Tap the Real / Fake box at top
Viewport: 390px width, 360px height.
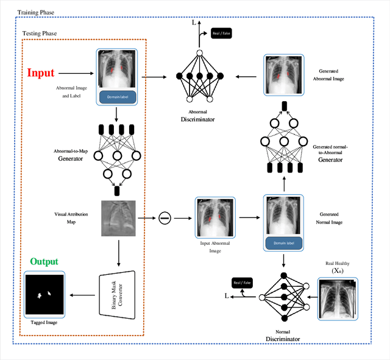tap(221, 34)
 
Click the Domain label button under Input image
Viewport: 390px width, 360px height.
tap(116, 96)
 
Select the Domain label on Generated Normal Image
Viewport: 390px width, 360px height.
tap(283, 242)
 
